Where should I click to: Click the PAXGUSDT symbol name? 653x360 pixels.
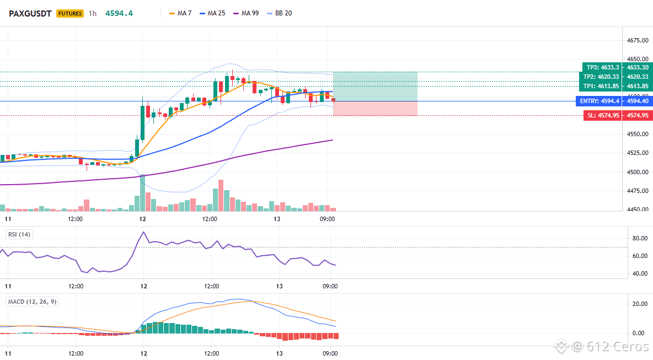30,13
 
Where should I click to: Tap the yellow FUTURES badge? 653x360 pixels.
70,13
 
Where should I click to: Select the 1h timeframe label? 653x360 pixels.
93,13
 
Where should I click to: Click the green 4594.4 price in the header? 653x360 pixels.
119,13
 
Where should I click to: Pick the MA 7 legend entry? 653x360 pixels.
180,13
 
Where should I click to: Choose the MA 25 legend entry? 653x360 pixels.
212,13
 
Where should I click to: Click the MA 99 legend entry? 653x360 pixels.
246,13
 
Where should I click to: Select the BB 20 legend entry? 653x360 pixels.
280,13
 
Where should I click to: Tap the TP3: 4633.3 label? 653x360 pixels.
602,67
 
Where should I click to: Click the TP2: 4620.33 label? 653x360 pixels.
601,77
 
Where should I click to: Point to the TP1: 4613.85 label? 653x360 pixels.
601,86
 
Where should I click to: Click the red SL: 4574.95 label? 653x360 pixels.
603,115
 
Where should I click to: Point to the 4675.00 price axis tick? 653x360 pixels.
638,40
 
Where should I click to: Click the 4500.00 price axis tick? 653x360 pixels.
638,172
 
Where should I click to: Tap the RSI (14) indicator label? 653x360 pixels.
19,234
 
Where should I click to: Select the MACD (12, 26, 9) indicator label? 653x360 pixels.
32,302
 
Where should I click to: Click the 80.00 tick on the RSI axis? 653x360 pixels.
640,239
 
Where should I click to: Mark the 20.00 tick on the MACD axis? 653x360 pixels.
640,304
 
